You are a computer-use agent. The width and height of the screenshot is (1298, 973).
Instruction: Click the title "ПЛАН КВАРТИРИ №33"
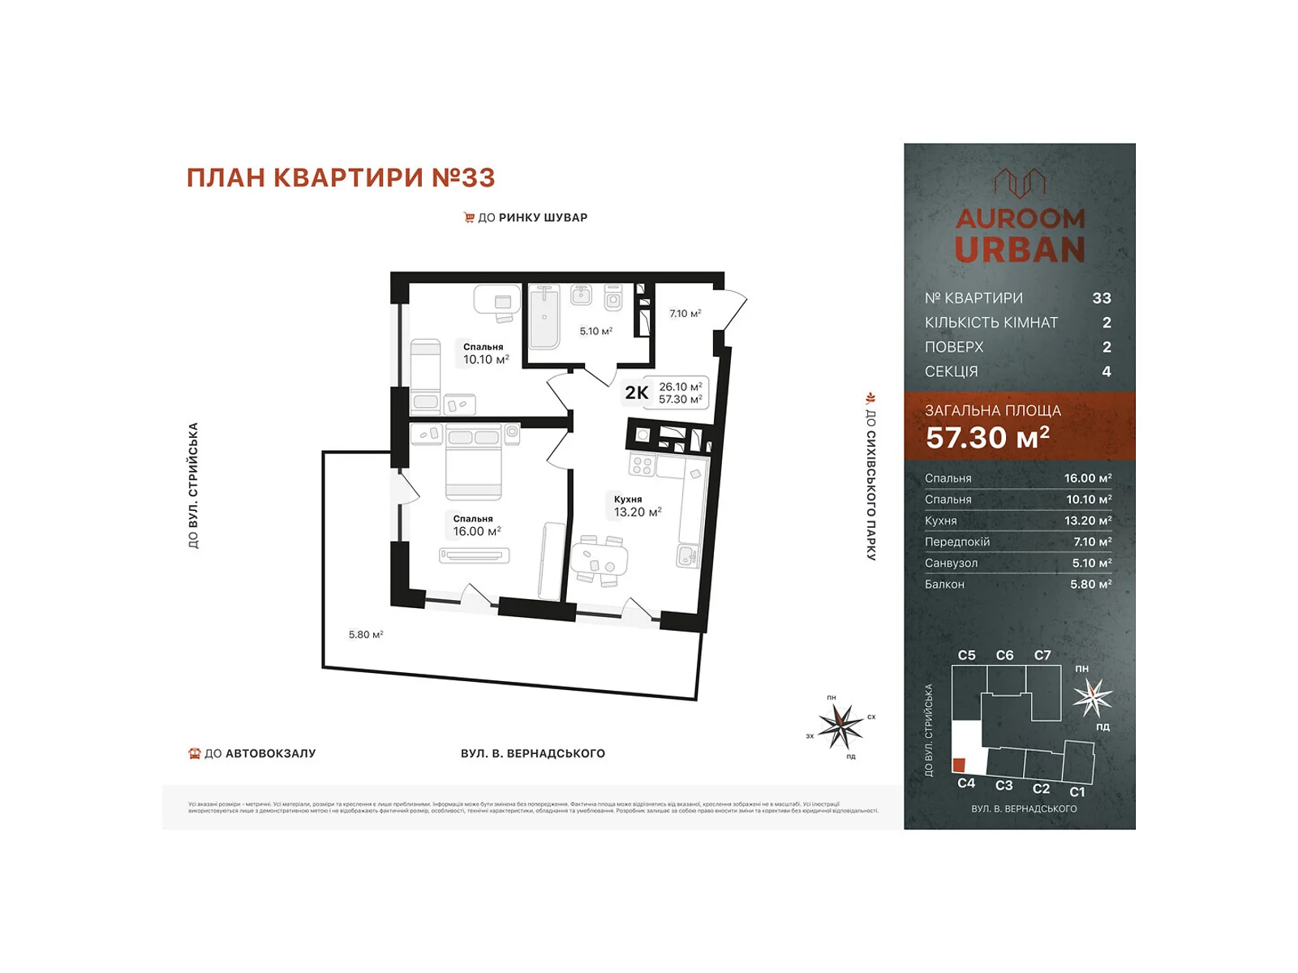pos(341,178)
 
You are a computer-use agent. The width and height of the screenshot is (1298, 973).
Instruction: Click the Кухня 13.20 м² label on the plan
pos(637,506)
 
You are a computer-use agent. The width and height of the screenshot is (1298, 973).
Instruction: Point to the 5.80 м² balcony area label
pos(365,635)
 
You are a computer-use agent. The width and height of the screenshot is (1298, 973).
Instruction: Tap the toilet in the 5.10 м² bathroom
pos(613,298)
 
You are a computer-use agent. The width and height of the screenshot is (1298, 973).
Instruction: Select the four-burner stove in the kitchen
pos(642,465)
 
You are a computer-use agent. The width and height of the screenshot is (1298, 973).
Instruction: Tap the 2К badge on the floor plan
pos(636,393)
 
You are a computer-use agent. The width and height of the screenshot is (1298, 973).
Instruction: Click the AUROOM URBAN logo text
pos(1020,235)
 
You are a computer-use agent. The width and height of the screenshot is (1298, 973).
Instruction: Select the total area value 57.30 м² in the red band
pos(987,438)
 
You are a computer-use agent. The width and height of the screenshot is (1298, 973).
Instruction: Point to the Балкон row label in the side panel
pos(944,584)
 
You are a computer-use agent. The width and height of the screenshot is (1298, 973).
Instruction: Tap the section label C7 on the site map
pos(1042,655)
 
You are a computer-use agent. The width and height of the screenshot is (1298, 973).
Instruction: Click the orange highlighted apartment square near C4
pos(959,765)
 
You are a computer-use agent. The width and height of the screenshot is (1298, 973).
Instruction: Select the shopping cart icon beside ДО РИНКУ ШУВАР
pos(469,217)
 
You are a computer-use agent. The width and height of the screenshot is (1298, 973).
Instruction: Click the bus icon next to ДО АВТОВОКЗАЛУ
pos(194,753)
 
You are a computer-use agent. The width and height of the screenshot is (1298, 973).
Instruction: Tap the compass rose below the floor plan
pos(840,726)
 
